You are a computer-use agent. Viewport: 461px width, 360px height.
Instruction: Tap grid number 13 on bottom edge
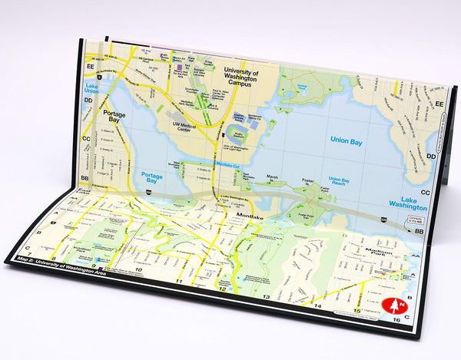(x=267, y=296)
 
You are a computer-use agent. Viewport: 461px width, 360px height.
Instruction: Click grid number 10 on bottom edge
(x=139, y=271)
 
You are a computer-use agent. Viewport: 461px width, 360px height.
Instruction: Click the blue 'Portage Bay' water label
(x=153, y=176)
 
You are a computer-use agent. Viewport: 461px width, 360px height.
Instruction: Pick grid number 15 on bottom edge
(x=357, y=310)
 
